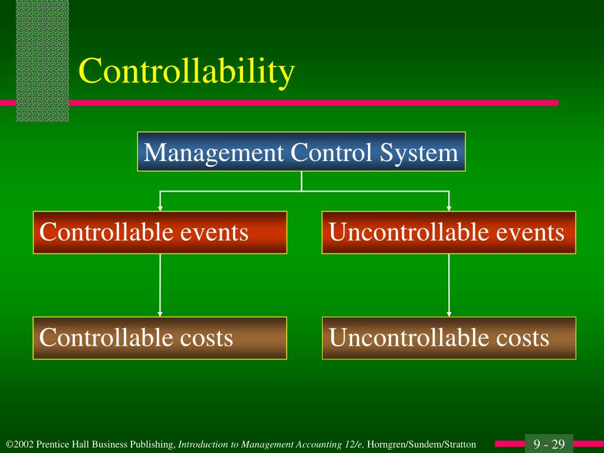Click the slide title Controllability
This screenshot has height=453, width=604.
[186, 72]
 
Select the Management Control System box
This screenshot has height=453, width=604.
[301, 152]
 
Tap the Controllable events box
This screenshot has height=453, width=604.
[160, 232]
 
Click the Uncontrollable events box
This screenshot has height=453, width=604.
[449, 232]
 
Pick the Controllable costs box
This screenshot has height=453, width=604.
[160, 338]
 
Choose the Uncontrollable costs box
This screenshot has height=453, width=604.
[449, 338]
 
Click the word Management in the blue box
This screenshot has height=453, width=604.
[214, 153]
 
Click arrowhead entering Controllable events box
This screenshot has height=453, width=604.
[160, 208]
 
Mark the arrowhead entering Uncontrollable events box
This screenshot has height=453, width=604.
[449, 208]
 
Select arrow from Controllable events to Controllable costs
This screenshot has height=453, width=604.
[160, 285]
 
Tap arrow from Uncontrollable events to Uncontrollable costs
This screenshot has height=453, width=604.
[449, 285]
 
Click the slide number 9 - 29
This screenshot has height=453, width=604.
[549, 444]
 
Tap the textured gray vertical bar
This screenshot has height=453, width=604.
[42, 59]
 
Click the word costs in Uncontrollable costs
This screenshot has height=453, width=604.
[521, 338]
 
